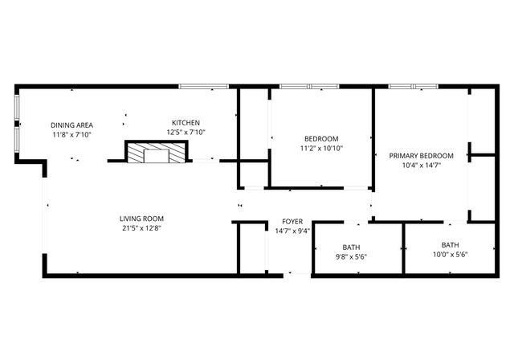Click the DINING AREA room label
click(x=72, y=125)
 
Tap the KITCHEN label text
click(x=186, y=122)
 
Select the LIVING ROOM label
click(x=142, y=218)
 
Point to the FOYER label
click(x=292, y=221)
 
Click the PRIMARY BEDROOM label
click(x=422, y=155)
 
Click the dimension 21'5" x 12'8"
click(x=142, y=228)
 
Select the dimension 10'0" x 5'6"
click(x=450, y=255)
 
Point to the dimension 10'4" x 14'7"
click(x=422, y=166)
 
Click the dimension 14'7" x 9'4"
click(x=292, y=231)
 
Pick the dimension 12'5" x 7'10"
click(x=186, y=133)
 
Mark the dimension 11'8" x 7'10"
click(x=72, y=135)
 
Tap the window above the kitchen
click(x=204, y=85)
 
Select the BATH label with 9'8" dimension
click(x=351, y=247)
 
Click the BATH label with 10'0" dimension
click(x=450, y=244)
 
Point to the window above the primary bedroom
click(x=423, y=86)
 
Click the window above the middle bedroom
click(x=309, y=86)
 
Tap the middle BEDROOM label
click(x=321, y=138)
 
